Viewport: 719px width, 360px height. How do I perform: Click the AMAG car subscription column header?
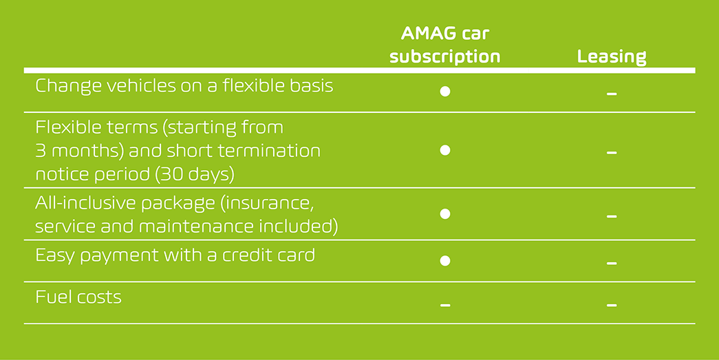[x=444, y=45]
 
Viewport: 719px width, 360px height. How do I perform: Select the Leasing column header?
[x=612, y=57]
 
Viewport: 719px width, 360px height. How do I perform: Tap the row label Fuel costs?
[x=78, y=297]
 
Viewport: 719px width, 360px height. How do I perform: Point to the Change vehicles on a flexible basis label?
[x=184, y=86]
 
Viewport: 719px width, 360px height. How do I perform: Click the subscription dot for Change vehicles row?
[x=444, y=92]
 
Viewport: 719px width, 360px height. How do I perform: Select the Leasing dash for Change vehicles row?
[x=611, y=94]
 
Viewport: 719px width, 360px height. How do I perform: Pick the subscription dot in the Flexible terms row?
[x=444, y=150]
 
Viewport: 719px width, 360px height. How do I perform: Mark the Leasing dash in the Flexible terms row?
[x=611, y=153]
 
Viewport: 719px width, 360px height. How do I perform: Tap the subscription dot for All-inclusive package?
[x=444, y=213]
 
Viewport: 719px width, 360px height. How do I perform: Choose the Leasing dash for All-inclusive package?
[x=611, y=216]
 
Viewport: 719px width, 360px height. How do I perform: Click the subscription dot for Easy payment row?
[x=444, y=260]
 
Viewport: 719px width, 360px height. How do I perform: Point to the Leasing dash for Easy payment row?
[x=611, y=264]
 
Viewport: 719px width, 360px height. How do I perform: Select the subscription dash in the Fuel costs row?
[x=444, y=306]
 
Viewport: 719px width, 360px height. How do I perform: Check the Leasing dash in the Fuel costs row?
[x=611, y=306]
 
